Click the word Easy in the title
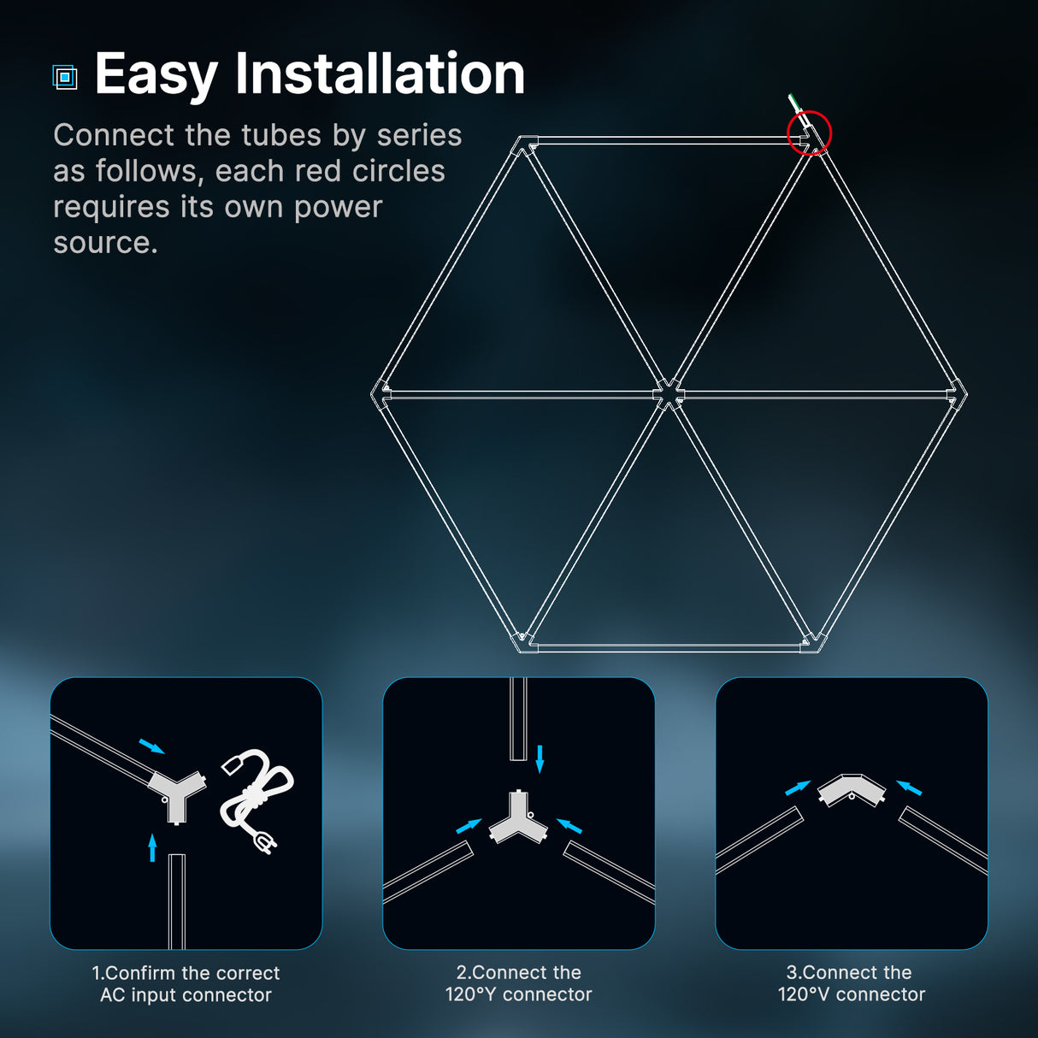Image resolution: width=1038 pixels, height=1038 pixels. (x=156, y=74)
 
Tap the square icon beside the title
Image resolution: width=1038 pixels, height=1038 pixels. (x=65, y=77)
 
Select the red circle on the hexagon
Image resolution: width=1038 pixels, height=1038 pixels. (x=809, y=133)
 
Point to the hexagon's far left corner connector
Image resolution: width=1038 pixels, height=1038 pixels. (x=380, y=393)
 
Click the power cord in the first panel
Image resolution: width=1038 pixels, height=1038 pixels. (x=257, y=799)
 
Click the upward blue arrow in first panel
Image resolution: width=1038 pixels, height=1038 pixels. (x=152, y=847)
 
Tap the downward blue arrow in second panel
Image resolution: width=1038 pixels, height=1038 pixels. (x=540, y=758)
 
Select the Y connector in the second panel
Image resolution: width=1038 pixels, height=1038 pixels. (x=518, y=819)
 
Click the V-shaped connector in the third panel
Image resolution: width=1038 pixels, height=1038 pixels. (x=851, y=789)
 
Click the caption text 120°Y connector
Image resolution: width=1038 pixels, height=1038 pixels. (x=518, y=994)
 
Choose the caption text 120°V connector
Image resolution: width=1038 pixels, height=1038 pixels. (x=851, y=994)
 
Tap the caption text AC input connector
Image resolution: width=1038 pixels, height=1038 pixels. (x=186, y=995)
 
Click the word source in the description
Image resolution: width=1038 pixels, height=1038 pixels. (x=105, y=243)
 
